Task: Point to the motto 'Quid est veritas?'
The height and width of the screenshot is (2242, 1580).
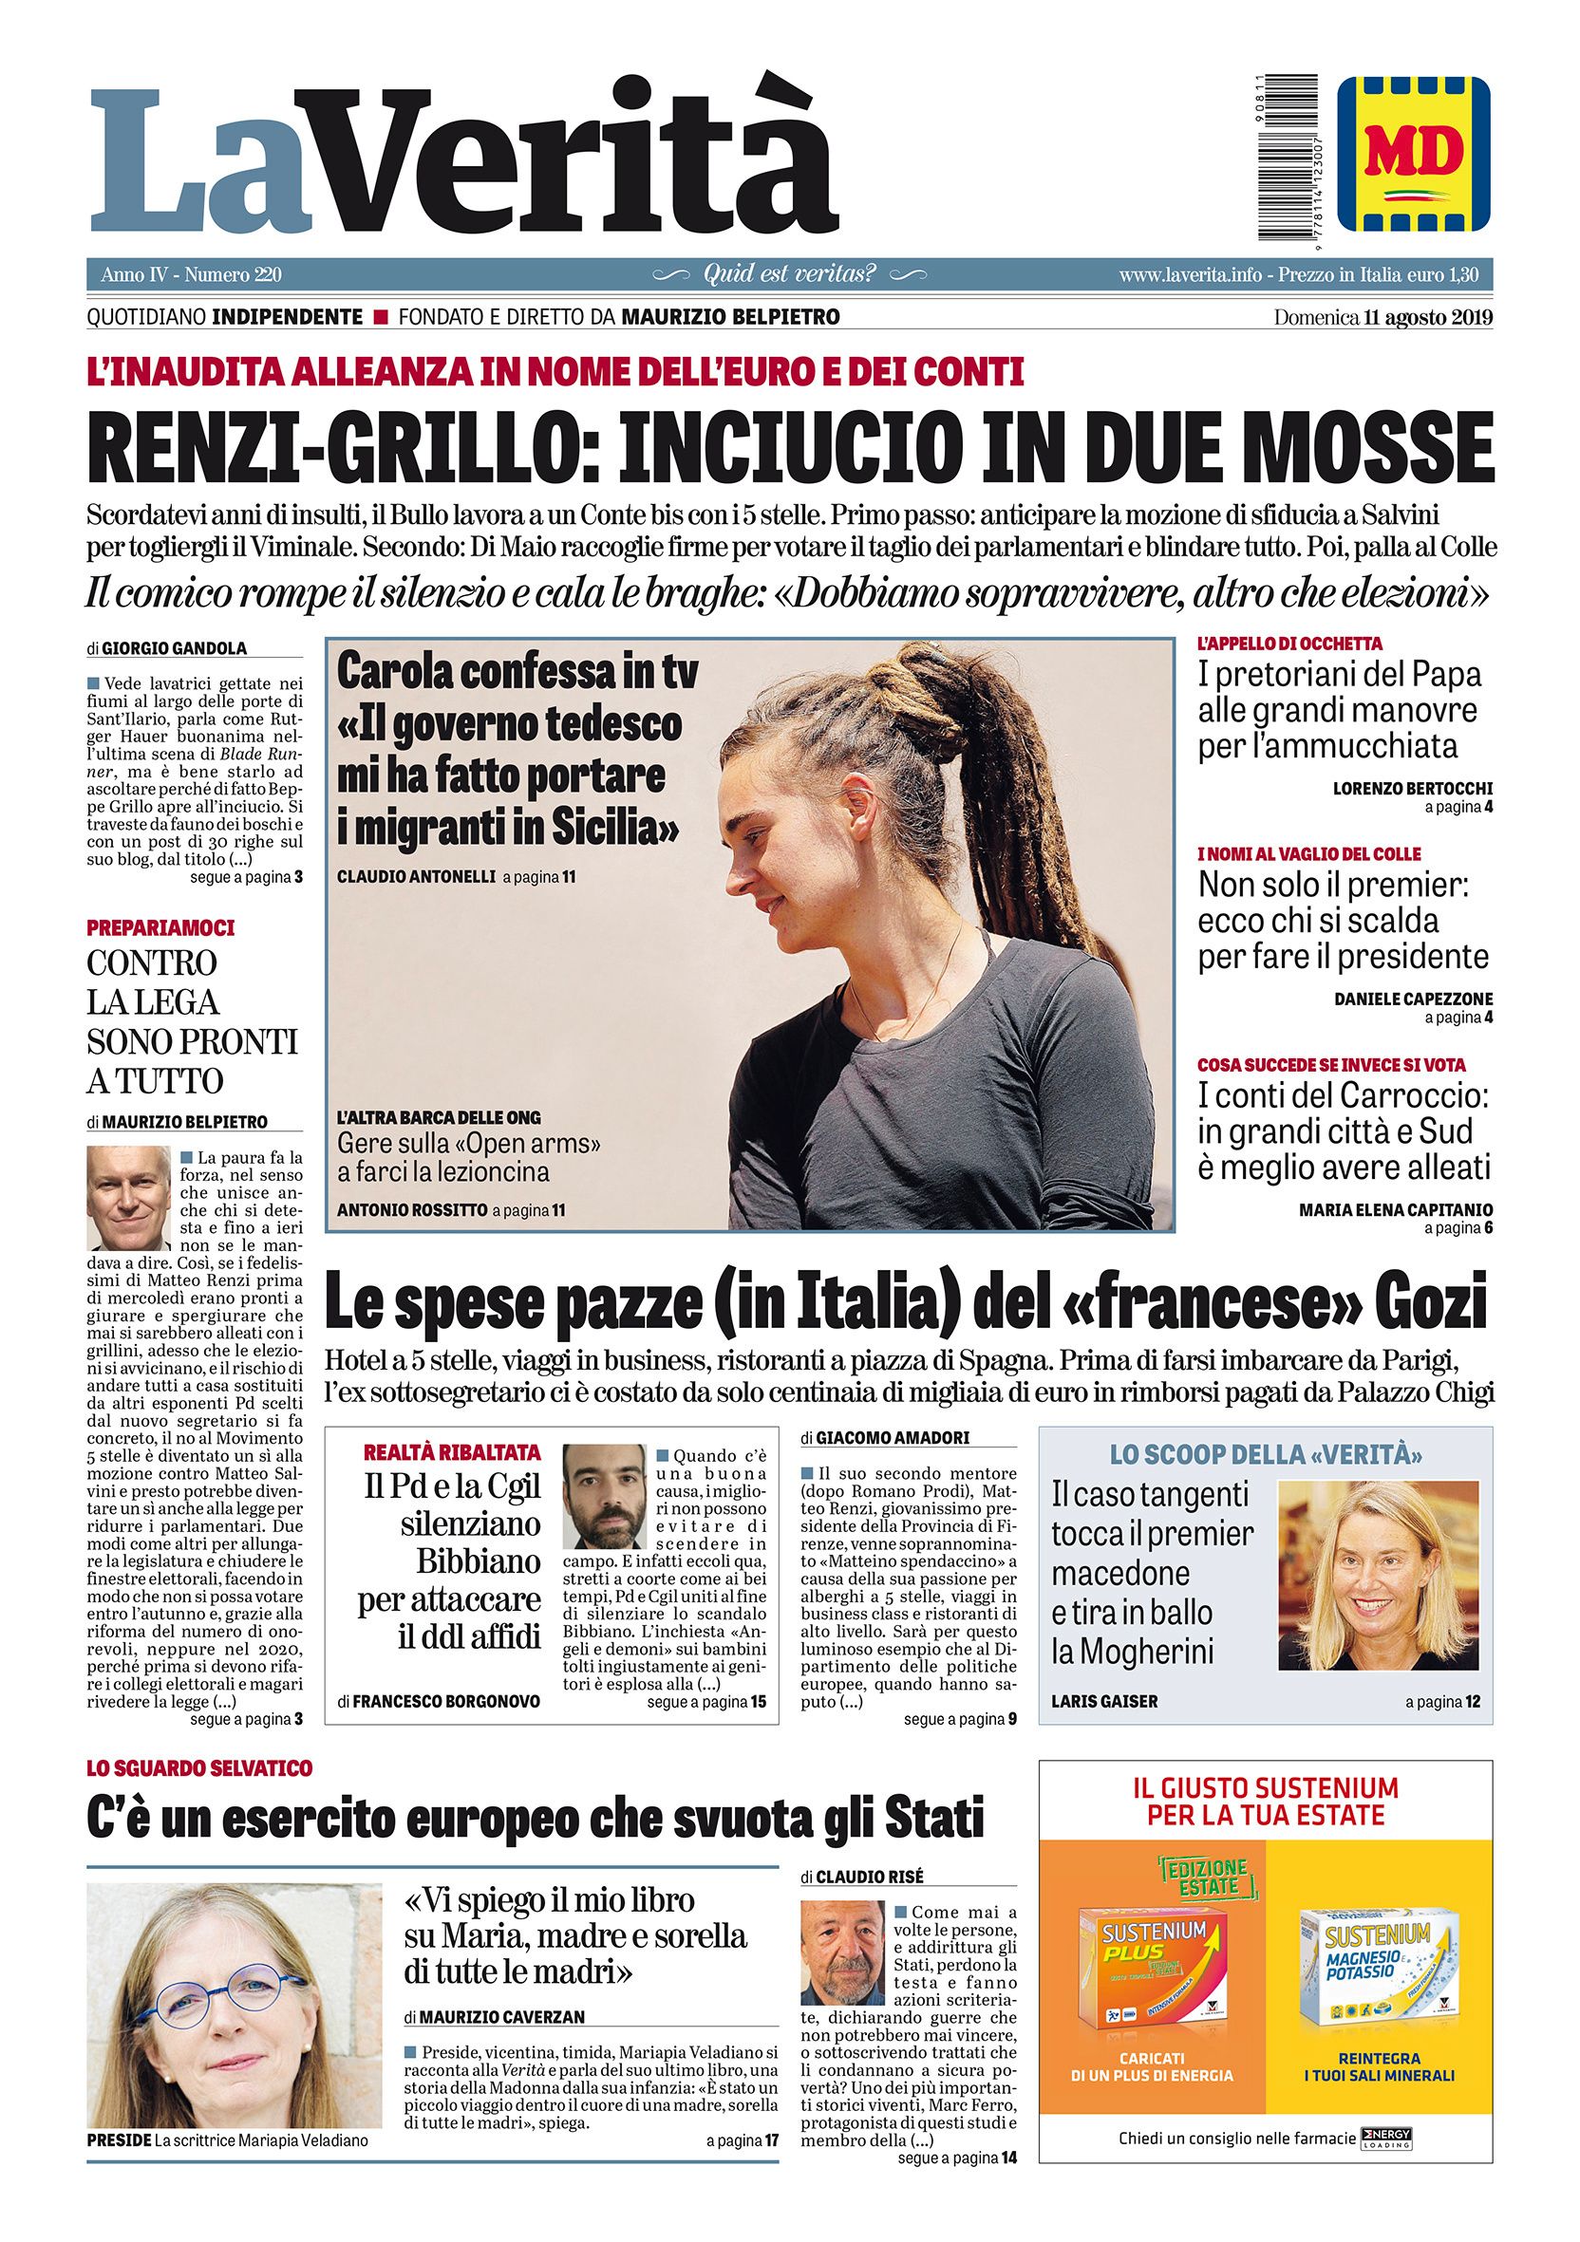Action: coord(789,274)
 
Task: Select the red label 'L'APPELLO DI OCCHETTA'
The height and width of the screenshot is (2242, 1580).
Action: coord(1290,644)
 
